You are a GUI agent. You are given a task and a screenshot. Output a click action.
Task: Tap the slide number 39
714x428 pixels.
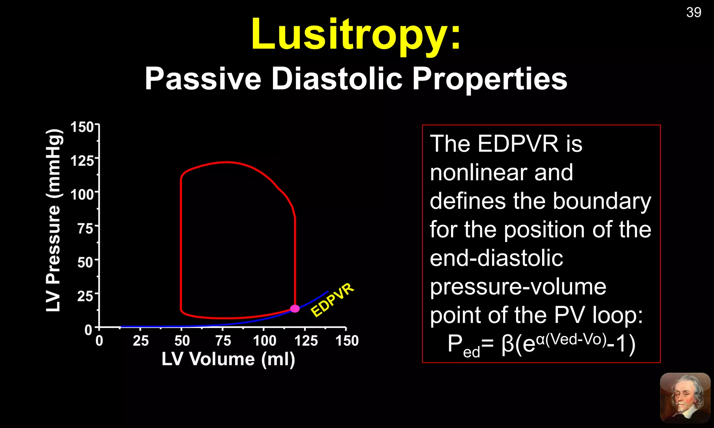693,13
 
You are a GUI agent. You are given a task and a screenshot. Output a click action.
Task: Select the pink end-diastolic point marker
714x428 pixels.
295,309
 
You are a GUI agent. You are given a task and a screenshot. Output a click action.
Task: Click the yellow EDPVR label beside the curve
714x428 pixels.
332,300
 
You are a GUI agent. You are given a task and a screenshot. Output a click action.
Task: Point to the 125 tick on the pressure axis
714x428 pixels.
83,161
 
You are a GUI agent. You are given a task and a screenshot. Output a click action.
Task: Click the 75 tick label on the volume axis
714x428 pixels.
223,341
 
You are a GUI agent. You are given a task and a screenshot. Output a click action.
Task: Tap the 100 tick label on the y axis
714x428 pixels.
83,194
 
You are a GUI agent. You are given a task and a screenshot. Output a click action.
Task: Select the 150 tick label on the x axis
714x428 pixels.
347,341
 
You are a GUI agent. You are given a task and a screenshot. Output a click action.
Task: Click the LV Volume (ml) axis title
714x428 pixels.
228,359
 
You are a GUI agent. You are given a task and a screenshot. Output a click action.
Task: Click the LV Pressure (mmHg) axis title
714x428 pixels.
54,220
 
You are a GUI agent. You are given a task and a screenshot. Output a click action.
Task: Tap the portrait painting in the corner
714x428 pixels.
685,398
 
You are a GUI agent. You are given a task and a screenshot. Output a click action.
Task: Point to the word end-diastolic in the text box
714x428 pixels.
496,258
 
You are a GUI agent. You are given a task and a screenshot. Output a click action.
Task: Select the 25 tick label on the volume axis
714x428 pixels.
140,341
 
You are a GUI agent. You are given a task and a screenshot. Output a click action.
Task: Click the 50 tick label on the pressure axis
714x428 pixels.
85,262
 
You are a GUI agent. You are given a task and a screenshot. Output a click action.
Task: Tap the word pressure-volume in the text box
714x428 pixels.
518,287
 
